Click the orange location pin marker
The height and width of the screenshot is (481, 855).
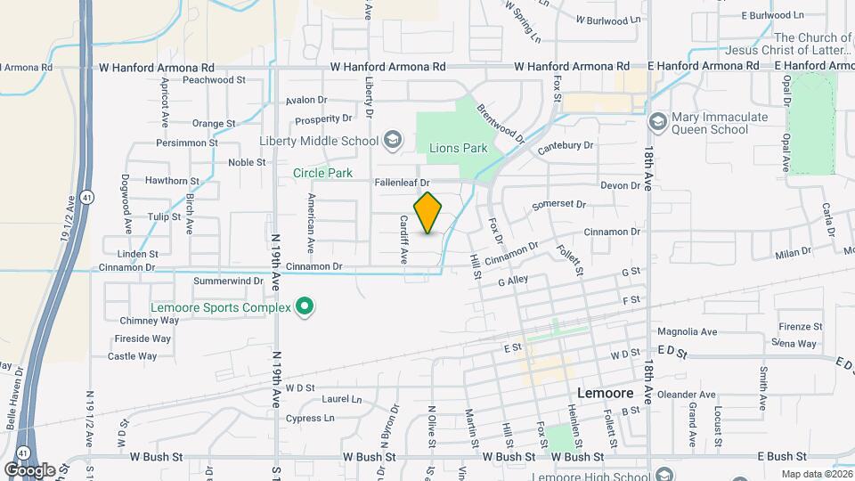(x=428, y=213)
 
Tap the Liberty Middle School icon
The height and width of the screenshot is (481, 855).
(x=392, y=140)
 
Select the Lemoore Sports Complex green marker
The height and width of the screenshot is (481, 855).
(x=305, y=307)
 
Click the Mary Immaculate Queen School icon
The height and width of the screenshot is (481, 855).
(x=658, y=121)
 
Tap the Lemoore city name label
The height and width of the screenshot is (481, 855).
(x=605, y=392)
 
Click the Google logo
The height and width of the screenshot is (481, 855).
(x=28, y=469)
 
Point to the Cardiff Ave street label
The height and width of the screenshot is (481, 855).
(x=403, y=240)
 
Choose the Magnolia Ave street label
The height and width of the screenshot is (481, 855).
(x=690, y=332)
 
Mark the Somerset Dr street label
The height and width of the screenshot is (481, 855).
(x=558, y=205)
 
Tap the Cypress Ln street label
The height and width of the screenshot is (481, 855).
(x=310, y=418)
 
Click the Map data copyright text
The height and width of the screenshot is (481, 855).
(x=814, y=474)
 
